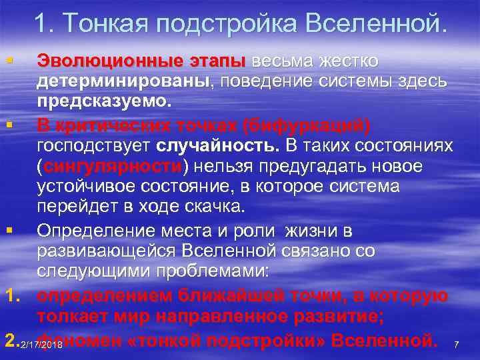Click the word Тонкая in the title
pos(109,25)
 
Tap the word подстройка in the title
pos(226,25)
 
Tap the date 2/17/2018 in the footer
pos(41,345)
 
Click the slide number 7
pos(456,345)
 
